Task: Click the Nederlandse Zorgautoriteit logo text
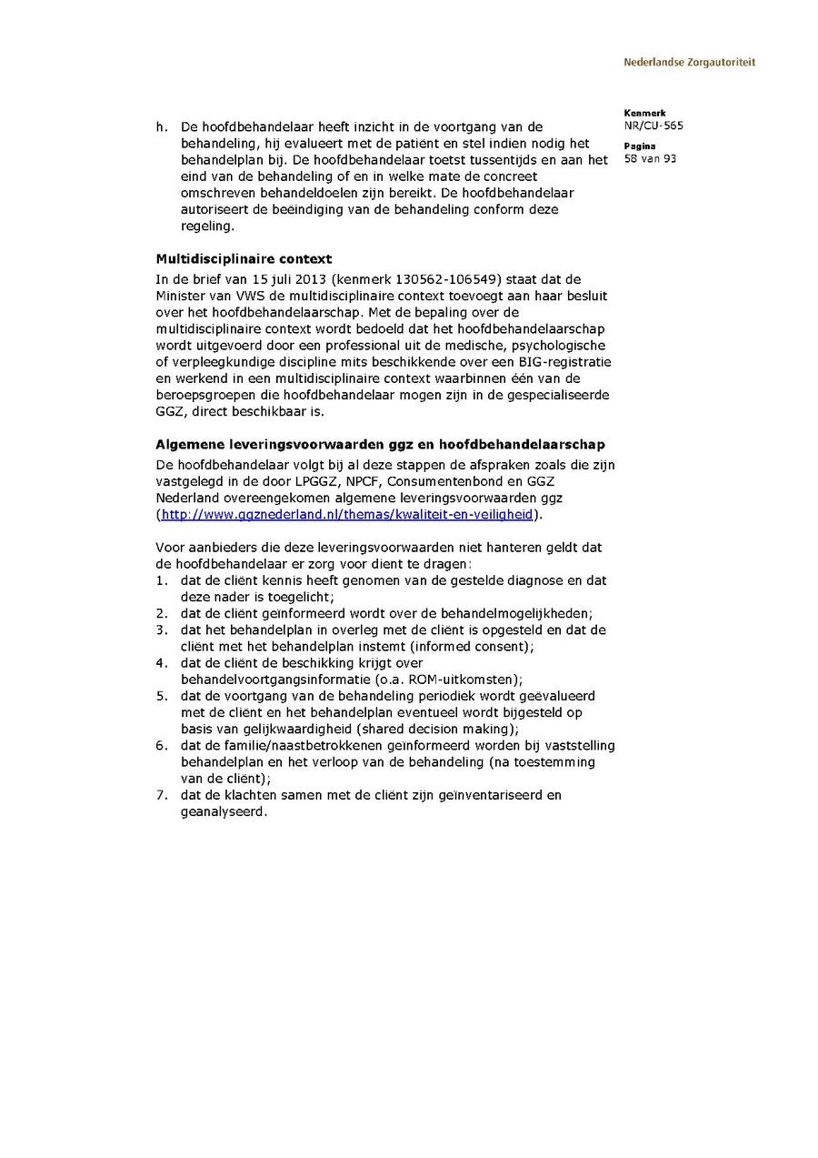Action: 689,63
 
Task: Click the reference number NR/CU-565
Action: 653,126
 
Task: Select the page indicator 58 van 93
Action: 650,158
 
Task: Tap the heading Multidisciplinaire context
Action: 244,259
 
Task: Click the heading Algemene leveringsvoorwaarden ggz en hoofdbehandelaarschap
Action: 380,445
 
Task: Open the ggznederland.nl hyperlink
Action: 347,514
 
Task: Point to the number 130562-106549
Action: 451,279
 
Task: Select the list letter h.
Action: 161,126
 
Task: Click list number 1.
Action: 160,580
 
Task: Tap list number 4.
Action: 160,663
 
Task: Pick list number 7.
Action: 160,795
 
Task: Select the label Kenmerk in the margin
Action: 644,114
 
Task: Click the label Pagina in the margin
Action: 640,146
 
